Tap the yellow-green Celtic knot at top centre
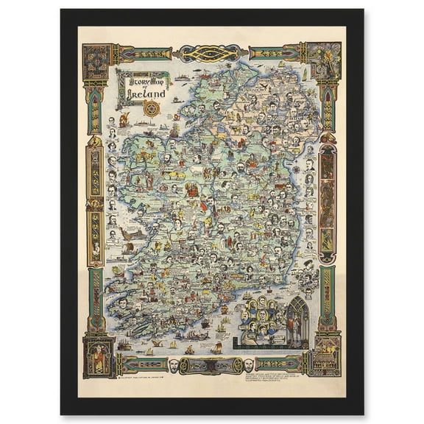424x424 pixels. tap(211, 54)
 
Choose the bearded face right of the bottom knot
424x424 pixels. tap(250, 364)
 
